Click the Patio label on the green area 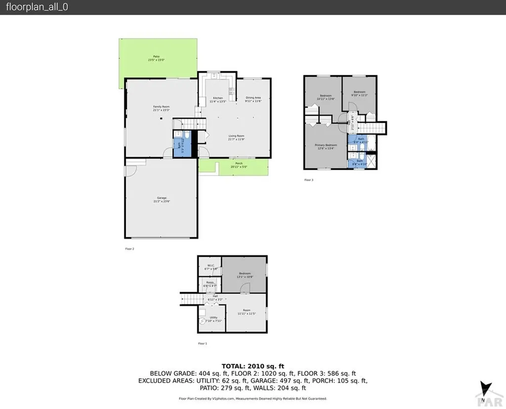tap(156, 57)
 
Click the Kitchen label tap(218, 98)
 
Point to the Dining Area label tap(253, 98)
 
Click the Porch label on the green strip tap(239, 163)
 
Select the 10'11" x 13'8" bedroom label tap(326, 99)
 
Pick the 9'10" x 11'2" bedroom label tap(359, 94)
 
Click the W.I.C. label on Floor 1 tap(211, 266)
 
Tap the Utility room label tap(213, 318)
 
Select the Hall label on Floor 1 tap(215, 296)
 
